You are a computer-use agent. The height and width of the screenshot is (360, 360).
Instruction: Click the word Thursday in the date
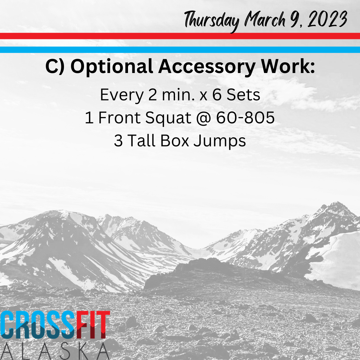click(x=212, y=21)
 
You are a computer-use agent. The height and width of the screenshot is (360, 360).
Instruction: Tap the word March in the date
click(x=265, y=19)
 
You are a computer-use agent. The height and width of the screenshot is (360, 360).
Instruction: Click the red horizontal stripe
click(x=180, y=36)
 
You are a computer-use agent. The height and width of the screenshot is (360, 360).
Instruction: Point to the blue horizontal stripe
click(x=180, y=50)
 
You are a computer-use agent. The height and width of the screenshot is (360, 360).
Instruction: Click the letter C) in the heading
click(x=55, y=66)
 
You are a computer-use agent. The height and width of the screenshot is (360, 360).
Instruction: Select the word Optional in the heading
click(x=112, y=67)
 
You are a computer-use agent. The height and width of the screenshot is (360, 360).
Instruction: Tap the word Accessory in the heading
click(x=207, y=67)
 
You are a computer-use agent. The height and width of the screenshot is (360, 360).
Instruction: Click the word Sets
click(x=243, y=95)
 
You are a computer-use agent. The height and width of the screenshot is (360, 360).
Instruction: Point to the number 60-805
click(x=245, y=118)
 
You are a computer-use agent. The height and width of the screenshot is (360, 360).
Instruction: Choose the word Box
click(x=174, y=141)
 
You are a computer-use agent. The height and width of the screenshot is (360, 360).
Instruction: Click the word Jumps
click(x=219, y=141)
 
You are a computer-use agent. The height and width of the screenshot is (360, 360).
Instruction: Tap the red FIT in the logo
click(x=93, y=325)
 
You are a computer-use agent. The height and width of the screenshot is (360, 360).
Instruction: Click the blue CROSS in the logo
click(x=38, y=325)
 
